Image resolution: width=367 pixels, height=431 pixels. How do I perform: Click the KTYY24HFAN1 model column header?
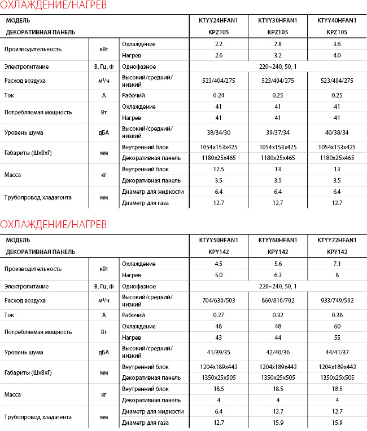219,21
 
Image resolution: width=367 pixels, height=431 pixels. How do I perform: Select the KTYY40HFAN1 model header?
337,21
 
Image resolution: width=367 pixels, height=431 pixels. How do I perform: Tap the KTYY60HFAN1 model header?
277,241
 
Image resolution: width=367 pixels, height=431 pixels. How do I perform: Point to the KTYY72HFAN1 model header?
337,241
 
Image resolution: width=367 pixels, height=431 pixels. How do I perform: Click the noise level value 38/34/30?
219,132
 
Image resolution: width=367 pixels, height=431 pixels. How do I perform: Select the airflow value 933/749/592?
337,300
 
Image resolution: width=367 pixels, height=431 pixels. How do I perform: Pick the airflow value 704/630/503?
219,300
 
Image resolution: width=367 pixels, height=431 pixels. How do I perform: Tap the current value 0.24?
219,95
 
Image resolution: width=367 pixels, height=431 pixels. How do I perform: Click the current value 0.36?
337,315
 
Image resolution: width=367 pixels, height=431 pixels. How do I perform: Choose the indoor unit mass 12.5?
219,169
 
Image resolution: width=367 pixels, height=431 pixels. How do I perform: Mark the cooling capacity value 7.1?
337,264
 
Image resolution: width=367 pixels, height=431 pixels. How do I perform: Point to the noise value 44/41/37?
337,352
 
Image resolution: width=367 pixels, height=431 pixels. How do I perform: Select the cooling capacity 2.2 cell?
219,44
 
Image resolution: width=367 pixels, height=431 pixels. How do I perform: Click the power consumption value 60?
337,326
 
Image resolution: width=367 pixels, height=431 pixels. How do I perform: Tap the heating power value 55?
337,337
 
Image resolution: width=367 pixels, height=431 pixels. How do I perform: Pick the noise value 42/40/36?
277,352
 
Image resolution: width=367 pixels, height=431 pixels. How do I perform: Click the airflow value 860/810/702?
277,300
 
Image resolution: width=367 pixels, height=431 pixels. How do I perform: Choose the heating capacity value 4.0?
337,55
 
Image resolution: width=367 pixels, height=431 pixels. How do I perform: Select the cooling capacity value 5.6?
277,264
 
